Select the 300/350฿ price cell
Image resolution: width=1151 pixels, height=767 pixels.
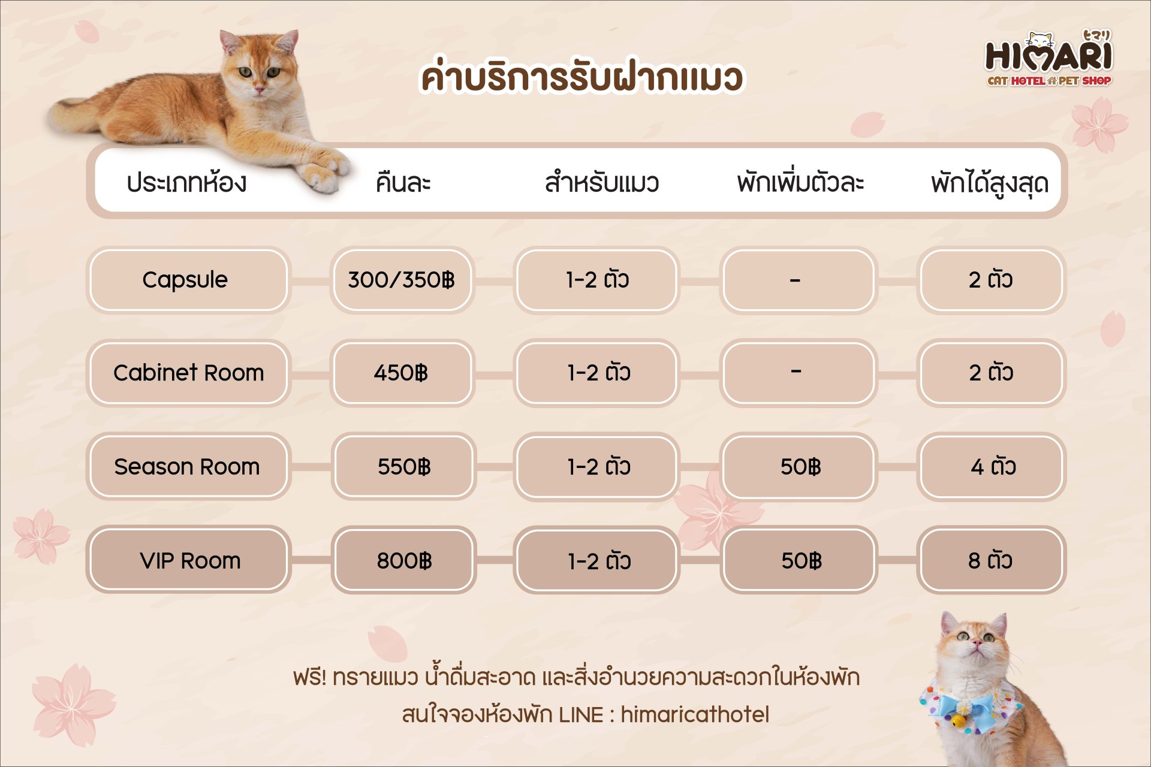coord(402,280)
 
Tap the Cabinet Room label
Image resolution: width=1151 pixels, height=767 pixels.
coord(188,373)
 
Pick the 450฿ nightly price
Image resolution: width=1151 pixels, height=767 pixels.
coord(402,373)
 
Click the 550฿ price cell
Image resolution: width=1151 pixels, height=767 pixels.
coord(403,467)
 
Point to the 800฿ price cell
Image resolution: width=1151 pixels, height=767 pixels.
coord(403,560)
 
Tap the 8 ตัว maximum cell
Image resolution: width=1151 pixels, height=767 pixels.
coord(991,560)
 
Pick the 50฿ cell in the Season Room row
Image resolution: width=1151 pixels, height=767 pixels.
coord(799,467)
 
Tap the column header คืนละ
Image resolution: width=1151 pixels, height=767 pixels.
coord(403,182)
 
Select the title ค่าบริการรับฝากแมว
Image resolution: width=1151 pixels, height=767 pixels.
coord(581,77)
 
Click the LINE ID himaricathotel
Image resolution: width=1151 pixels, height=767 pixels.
coord(695,714)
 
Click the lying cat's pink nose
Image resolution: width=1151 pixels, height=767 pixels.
coord(260,89)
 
